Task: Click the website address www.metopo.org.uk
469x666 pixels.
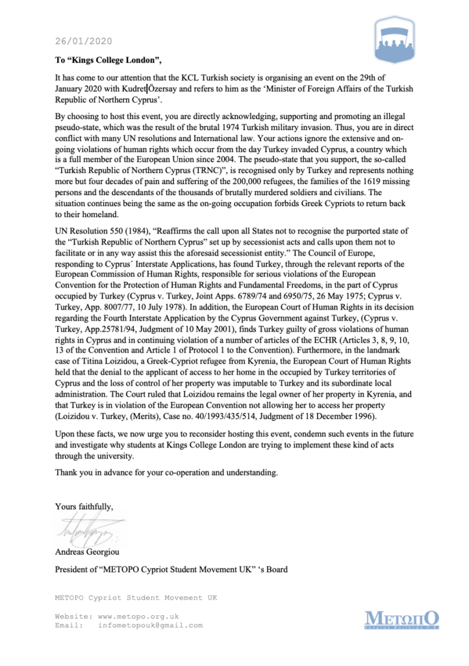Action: click(x=138, y=615)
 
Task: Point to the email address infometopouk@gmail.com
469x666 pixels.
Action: click(x=150, y=625)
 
